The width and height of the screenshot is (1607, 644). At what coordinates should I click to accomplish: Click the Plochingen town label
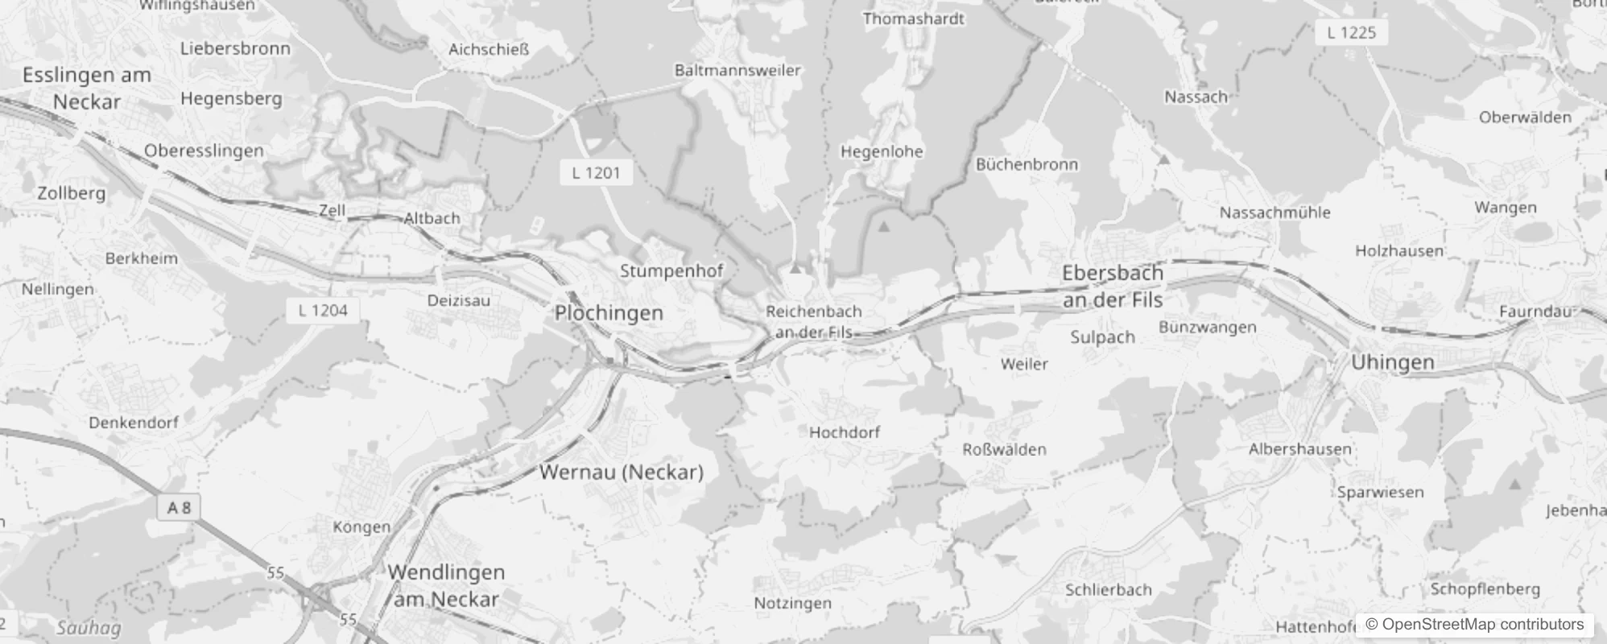(609, 313)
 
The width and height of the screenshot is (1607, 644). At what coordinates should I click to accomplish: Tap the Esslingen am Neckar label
(87, 89)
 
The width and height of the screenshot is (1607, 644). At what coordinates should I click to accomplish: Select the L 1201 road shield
(597, 172)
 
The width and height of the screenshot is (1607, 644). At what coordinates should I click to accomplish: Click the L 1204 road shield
(323, 310)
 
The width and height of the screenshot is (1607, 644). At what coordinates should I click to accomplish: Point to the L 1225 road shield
(1351, 33)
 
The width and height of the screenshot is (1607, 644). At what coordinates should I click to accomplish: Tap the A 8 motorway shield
(179, 507)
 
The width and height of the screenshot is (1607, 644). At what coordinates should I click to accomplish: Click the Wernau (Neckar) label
(622, 472)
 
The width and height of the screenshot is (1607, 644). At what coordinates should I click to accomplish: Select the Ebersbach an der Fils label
(1113, 287)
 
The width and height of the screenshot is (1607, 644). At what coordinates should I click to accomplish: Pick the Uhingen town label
(1392, 362)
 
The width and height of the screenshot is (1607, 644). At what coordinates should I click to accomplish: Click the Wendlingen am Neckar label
(446, 585)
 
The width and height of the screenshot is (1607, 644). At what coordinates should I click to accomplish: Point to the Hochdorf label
(844, 432)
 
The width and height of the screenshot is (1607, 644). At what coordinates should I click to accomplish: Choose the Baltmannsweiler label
(737, 70)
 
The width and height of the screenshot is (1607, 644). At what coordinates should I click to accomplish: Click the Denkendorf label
(134, 422)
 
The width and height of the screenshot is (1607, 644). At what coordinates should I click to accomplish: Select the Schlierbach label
(1108, 590)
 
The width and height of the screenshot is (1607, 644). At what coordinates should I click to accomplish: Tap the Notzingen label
(792, 603)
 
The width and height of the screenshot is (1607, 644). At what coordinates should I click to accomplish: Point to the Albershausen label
(1299, 449)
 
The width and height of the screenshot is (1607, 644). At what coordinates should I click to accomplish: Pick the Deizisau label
(458, 300)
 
